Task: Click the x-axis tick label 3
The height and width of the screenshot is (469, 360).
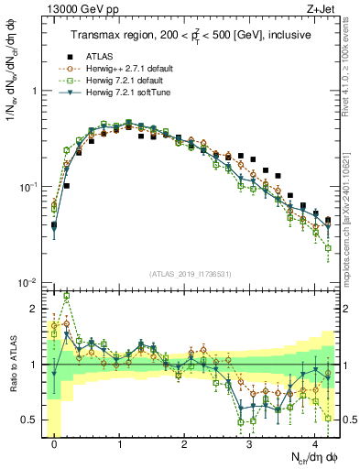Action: [250, 439]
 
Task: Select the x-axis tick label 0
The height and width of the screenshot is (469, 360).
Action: [55, 439]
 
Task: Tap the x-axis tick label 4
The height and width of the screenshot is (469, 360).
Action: [315, 439]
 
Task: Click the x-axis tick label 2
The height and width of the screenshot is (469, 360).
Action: [185, 439]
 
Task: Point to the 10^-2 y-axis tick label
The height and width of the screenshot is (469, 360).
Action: [30, 282]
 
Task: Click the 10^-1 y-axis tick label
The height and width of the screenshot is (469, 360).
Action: [30, 187]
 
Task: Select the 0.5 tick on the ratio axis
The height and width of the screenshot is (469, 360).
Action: [32, 420]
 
